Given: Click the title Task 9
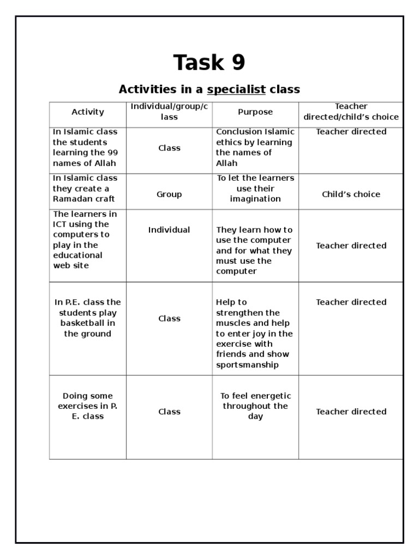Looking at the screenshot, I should coord(209,63).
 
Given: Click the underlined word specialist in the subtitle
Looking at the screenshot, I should coord(236,90).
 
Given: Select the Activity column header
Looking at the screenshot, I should coord(87,112).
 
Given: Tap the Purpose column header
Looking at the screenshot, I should coord(255,112).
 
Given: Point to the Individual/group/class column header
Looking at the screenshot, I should coord(169,111).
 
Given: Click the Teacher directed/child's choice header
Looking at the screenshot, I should coord(351,111).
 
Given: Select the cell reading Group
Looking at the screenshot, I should coord(169,194).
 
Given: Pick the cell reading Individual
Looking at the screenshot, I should coord(169,230).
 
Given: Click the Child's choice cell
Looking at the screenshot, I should coord(351,194).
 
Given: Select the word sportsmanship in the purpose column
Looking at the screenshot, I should coord(247,365).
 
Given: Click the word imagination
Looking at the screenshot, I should coord(255,199).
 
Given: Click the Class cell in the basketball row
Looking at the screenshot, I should coord(169,318).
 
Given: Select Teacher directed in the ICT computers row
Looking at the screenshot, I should coord(351,246).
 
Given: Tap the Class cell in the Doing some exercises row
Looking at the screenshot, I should coord(169,412).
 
